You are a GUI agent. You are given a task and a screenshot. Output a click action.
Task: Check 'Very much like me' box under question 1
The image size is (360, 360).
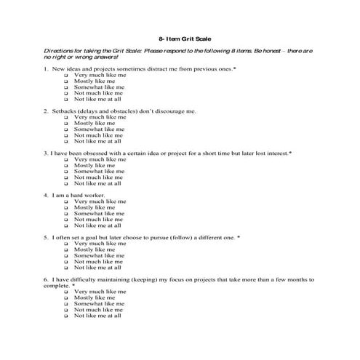click(66, 75)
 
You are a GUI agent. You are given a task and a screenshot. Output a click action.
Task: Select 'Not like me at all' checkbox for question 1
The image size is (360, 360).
click(66, 99)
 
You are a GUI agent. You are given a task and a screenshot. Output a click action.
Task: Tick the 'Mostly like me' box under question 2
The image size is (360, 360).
click(66, 123)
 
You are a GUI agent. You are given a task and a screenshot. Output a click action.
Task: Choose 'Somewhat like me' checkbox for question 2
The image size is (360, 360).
click(66, 129)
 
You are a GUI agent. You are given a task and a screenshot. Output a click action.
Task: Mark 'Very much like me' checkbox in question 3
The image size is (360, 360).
click(66, 159)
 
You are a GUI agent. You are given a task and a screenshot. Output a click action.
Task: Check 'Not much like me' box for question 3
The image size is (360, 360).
click(66, 177)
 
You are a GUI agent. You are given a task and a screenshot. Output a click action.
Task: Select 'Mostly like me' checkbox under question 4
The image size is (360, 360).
click(66, 207)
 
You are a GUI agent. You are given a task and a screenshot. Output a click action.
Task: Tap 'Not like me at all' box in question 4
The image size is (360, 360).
click(66, 225)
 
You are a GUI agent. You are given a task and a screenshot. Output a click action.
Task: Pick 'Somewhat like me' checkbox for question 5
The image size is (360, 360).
click(66, 255)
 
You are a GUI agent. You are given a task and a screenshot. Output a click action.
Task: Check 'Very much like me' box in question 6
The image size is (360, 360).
click(66, 292)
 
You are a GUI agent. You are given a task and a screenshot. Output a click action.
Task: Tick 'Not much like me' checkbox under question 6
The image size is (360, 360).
click(66, 310)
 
